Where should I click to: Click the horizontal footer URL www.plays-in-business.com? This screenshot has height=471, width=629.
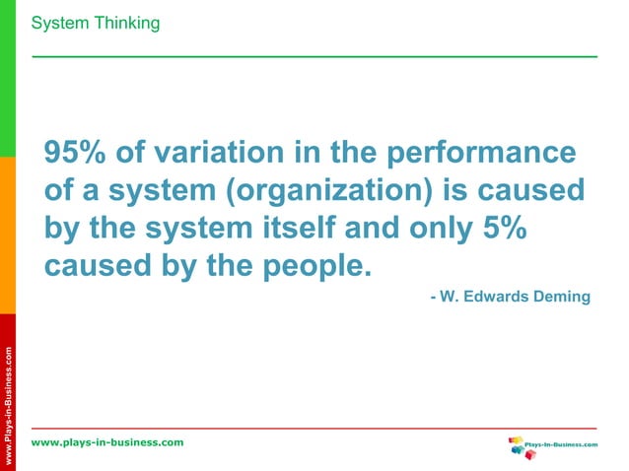click(107, 442)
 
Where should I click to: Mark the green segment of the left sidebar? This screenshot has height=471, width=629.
click(8, 79)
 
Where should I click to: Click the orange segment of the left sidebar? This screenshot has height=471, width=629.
click(8, 236)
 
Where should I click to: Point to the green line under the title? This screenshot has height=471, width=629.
click(314, 56)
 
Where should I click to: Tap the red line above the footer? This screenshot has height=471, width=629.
click(314, 429)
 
